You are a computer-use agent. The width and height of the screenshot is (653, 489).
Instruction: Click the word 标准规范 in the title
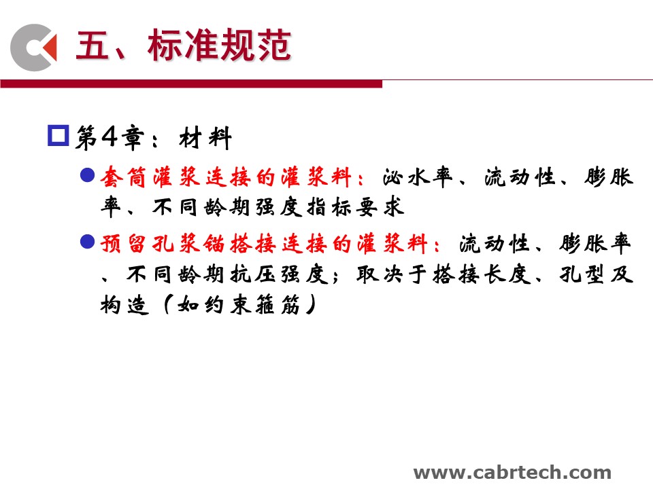219,46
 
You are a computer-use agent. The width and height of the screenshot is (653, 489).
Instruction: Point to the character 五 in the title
92,46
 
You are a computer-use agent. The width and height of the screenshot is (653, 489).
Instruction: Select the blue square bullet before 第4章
58,136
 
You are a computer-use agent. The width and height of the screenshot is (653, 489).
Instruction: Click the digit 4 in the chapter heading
110,136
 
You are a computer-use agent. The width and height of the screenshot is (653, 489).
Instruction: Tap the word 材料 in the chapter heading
205,138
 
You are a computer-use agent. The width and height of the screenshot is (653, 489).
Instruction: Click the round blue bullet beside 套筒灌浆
88,175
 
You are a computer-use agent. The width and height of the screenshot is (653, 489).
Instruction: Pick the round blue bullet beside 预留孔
88,242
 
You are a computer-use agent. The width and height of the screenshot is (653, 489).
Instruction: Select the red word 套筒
123,177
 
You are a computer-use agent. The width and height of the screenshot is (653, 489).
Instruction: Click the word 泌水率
417,177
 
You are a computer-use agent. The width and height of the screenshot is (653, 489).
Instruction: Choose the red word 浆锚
203,244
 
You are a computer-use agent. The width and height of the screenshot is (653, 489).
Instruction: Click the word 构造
124,305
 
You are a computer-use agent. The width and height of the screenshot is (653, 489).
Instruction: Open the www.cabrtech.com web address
512,473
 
